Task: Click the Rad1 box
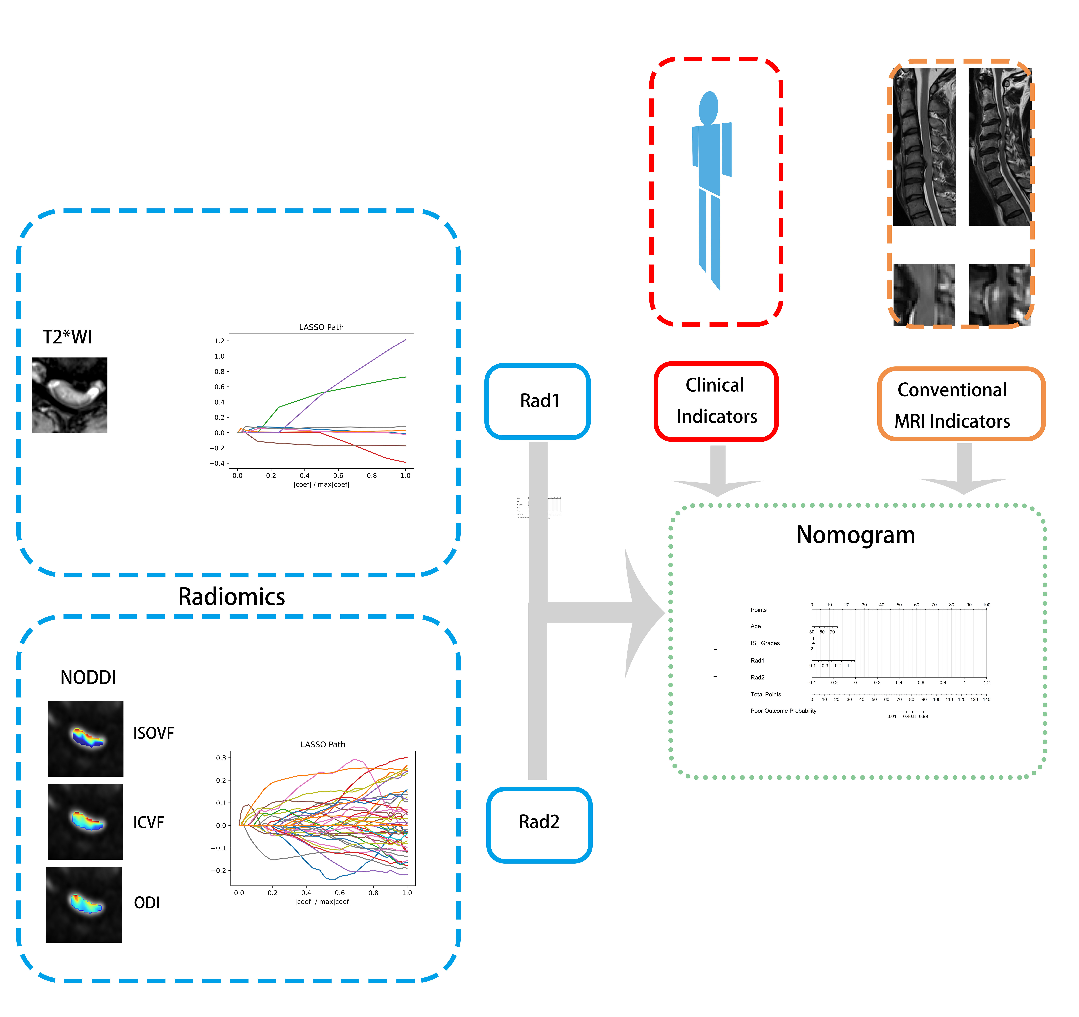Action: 537,401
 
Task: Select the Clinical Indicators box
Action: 716,401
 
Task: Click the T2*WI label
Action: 67,337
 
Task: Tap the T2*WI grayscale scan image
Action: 69,395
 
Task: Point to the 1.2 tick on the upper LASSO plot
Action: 219,341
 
